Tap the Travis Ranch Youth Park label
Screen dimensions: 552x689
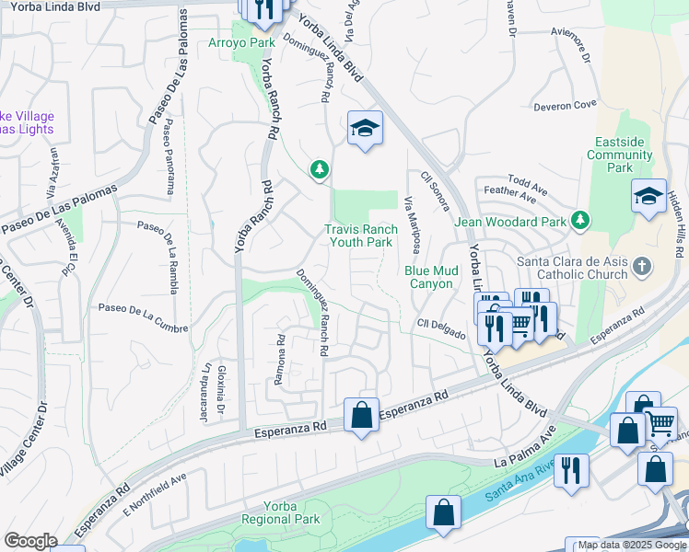click(x=361, y=236)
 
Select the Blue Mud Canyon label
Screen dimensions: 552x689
click(x=428, y=277)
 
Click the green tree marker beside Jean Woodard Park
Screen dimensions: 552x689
click(x=580, y=220)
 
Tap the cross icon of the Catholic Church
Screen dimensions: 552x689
click(x=642, y=267)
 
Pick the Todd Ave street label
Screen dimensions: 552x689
click(x=527, y=184)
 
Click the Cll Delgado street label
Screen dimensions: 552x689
click(x=440, y=328)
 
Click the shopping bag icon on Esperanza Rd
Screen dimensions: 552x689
click(x=362, y=414)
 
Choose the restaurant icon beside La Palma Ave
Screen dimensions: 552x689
click(x=571, y=470)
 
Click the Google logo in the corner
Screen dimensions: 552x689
click(x=30, y=541)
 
